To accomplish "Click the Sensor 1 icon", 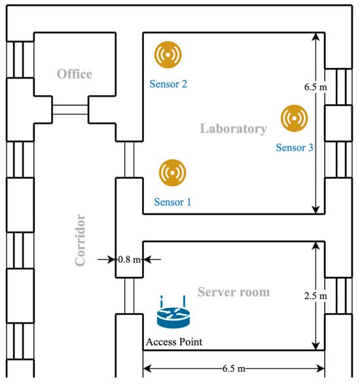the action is [173, 173].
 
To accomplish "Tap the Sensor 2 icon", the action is [168, 54].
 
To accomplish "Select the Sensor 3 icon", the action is [295, 119].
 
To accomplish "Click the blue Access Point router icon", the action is [173, 312].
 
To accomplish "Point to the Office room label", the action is [75, 74].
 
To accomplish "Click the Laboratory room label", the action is [234, 128].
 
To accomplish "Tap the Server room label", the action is [234, 292].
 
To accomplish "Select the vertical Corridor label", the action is [80, 240].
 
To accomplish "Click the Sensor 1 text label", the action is [173, 202].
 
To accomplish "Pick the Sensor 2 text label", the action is [168, 84].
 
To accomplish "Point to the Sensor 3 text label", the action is [295, 147].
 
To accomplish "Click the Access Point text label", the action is [174, 342].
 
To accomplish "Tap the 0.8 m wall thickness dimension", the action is [130, 259].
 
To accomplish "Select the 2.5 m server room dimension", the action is [315, 296].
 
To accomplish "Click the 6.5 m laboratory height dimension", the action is [315, 87].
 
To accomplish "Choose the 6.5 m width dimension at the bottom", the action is [234, 369].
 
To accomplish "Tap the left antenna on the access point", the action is [162, 301].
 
